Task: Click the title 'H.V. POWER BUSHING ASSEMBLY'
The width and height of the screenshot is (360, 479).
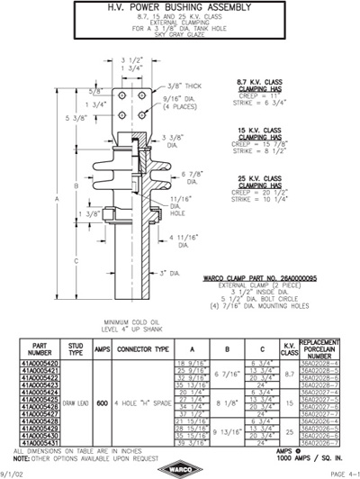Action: click(179, 9)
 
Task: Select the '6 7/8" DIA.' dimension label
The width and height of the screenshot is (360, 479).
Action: click(192, 176)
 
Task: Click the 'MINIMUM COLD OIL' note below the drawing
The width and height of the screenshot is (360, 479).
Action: click(132, 321)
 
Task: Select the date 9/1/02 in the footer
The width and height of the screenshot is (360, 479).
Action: click(13, 473)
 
